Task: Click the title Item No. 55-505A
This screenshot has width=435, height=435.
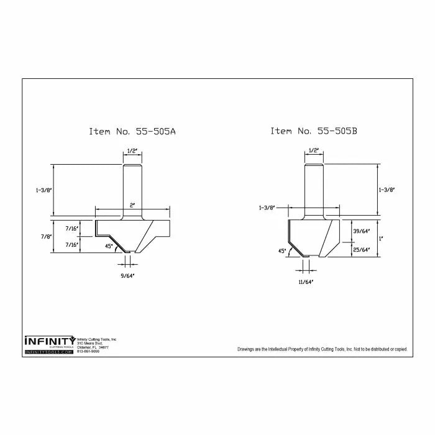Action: click(132, 132)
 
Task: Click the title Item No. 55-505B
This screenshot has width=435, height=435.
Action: click(313, 131)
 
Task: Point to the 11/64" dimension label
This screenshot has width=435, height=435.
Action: click(305, 282)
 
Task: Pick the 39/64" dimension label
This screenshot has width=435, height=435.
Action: click(360, 230)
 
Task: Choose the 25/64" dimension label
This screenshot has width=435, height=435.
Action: click(360, 250)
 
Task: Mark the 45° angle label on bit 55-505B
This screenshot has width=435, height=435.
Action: click(282, 251)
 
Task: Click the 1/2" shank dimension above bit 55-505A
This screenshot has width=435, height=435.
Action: click(132, 151)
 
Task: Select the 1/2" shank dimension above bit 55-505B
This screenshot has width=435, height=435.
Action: click(314, 150)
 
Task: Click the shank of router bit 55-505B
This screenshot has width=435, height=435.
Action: click(314, 186)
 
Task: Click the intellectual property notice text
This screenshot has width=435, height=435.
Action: click(322, 349)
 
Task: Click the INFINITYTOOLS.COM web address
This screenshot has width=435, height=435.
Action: click(48, 352)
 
